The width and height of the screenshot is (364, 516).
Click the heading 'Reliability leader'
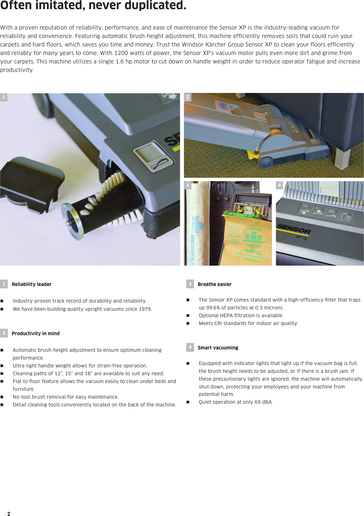(x=31, y=284)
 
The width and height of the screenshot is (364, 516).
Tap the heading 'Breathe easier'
(x=214, y=284)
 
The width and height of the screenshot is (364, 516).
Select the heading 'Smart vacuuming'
(x=218, y=348)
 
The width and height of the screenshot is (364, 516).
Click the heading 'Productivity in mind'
(x=36, y=333)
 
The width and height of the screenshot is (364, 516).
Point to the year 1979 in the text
(x=145, y=309)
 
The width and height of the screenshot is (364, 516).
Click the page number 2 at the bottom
(x=8, y=514)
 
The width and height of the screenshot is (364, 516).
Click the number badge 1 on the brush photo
(x=4, y=97)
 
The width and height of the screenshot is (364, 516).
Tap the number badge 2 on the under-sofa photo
(x=188, y=97)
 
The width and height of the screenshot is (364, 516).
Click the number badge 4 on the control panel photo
(x=279, y=185)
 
